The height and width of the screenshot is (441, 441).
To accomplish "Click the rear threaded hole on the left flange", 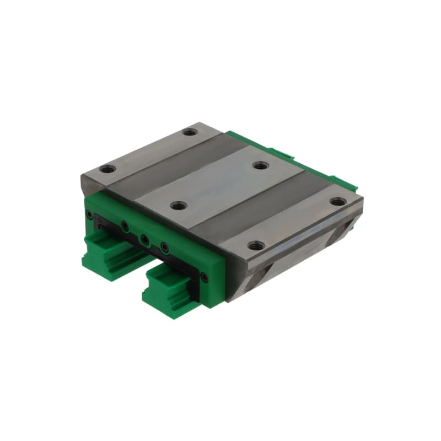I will tap(191, 132).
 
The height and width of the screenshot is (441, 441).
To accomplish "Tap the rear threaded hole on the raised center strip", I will tap(260, 165).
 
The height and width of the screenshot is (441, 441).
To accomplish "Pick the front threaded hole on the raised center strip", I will tap(177, 206).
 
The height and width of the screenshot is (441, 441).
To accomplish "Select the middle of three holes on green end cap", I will tap(144, 239).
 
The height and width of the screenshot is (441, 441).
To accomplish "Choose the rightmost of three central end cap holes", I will tap(164, 246).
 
